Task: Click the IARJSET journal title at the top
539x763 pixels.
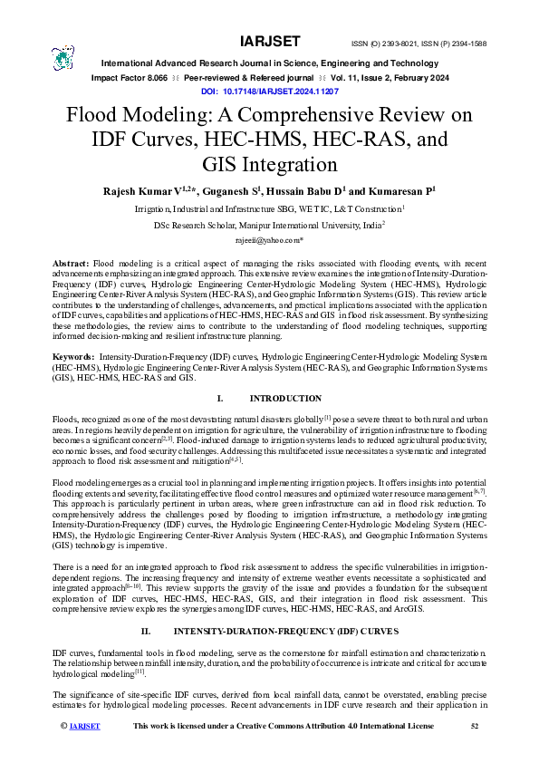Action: point(268,43)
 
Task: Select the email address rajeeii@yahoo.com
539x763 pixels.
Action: point(268,241)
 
